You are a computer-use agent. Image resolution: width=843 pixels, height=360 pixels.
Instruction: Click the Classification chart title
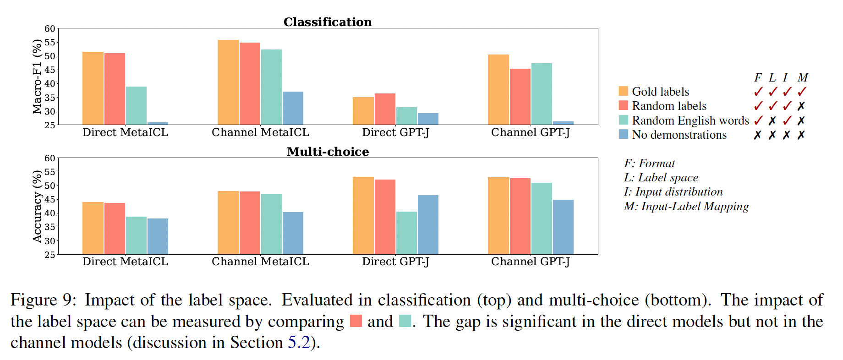328,22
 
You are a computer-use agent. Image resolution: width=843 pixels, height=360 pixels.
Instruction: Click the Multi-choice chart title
328,152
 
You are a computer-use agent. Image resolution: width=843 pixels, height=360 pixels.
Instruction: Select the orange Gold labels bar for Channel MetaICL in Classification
228,82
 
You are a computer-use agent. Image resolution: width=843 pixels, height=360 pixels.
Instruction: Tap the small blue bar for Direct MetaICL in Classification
158,123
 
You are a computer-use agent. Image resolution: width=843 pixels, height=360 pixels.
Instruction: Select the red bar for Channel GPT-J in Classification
520,97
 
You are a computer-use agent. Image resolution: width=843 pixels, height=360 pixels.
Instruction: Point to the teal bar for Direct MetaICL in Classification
136,105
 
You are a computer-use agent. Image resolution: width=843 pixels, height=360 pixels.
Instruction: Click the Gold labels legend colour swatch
623,91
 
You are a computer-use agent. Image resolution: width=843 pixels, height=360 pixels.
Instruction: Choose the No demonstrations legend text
679,135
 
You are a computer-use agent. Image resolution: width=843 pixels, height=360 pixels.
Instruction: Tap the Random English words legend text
690,120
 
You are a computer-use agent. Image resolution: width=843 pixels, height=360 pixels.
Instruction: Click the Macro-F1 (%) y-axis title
37,76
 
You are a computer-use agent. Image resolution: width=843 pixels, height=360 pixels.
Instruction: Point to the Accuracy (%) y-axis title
37,206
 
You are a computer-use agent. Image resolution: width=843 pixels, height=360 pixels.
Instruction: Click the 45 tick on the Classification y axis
49,70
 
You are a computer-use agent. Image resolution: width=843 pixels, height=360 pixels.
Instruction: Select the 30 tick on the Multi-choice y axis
49,241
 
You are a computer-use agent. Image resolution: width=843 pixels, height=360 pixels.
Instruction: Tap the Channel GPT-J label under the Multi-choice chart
530,262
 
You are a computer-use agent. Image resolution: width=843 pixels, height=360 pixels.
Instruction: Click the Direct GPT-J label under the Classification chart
395,132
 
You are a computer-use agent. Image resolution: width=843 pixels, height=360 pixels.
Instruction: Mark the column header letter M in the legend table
802,77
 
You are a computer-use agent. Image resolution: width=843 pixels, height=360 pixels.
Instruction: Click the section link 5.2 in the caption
299,343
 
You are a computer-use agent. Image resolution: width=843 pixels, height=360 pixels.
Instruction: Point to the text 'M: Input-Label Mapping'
686,207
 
